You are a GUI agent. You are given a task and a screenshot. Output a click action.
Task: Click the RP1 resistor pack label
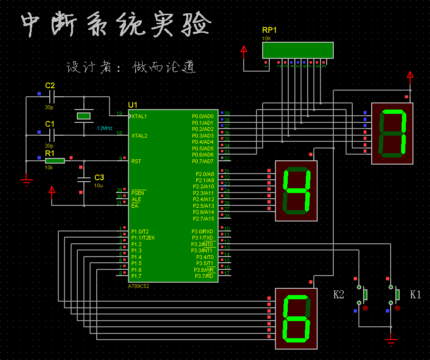[269, 30]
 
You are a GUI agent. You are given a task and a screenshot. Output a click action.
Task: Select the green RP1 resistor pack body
[298, 50]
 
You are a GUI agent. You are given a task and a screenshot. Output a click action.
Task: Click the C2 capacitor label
[50, 85]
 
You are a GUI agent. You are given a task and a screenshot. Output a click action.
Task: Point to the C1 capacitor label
[50, 124]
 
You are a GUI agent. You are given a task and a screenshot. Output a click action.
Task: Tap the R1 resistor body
[55, 161]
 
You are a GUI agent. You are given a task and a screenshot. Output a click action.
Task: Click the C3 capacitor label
[99, 177]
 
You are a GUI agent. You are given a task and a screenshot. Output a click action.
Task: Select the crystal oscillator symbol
[83, 116]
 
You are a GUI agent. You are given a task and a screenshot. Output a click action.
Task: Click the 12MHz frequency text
[105, 129]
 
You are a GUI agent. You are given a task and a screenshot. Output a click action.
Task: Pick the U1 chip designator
[132, 105]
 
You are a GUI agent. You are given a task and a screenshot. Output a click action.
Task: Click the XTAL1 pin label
[139, 116]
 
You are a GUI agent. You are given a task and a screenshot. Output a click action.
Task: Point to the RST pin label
[136, 161]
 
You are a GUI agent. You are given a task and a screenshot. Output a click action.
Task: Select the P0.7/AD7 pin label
[203, 161]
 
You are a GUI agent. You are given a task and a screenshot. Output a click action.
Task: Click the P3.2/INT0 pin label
[202, 244]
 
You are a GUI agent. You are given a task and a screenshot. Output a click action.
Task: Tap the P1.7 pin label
[136, 276]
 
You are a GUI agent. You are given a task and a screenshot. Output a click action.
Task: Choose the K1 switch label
[415, 295]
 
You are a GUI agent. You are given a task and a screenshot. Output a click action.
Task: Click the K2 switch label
[339, 295]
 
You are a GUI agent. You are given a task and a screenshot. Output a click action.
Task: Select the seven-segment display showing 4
[296, 191]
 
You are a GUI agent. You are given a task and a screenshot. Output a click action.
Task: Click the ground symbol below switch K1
[391, 341]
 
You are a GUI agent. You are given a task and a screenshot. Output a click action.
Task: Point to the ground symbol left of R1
[27, 180]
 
